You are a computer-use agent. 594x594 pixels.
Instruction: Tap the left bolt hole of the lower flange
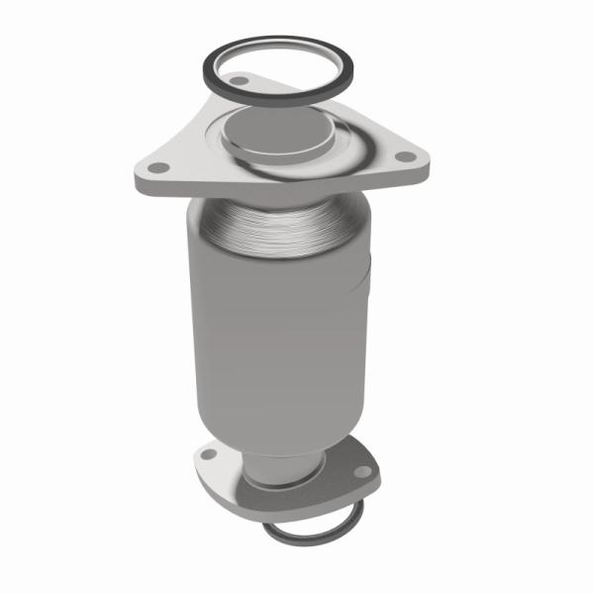click(208, 455)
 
